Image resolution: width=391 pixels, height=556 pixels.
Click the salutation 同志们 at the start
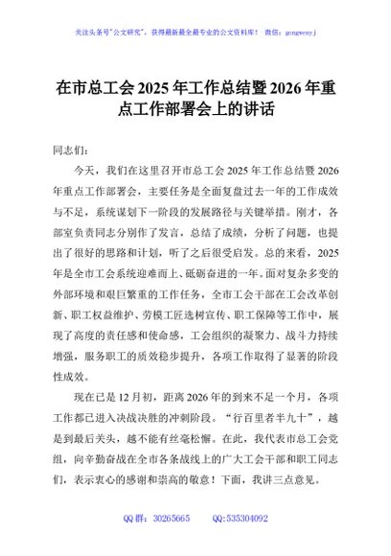(68, 151)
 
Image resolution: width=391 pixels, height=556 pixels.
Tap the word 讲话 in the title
(258, 110)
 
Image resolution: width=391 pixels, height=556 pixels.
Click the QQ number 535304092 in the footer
(246, 518)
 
